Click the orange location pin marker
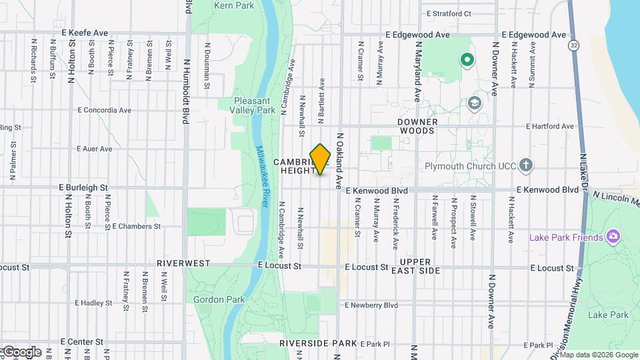(321, 159)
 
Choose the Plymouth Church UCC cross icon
(526, 165)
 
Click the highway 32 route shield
(573, 45)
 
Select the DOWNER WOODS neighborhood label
(418, 127)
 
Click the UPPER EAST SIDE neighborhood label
(420, 266)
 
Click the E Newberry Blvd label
(371, 305)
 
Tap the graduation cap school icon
(474, 103)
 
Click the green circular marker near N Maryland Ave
(467, 61)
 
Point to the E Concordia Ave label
(103, 110)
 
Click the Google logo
(21, 352)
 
